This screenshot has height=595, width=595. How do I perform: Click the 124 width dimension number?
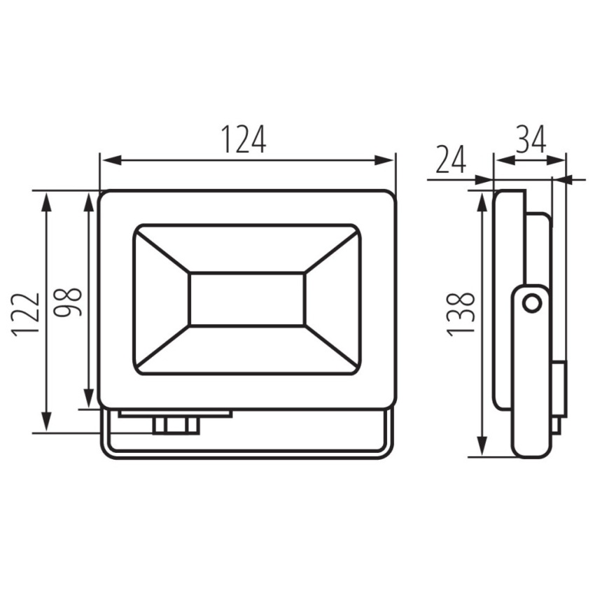click(x=244, y=139)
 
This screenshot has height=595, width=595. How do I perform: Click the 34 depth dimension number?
click(x=531, y=139)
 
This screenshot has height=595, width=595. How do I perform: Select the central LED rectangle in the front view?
click(x=247, y=299)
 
